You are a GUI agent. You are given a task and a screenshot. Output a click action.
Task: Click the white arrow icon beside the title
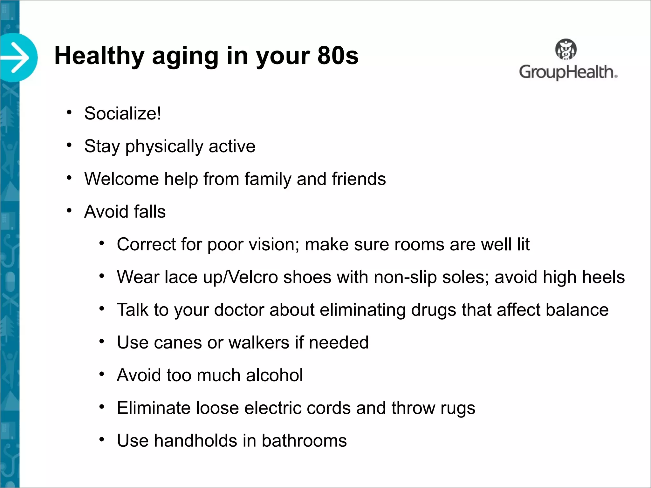16,58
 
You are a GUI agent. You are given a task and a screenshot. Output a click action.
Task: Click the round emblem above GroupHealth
566,49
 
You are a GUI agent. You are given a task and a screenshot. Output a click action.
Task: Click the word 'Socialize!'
123,113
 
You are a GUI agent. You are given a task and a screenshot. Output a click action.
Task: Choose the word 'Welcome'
121,179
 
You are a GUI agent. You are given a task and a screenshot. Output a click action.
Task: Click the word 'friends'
359,179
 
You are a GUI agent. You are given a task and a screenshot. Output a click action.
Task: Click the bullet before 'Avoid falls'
69,211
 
